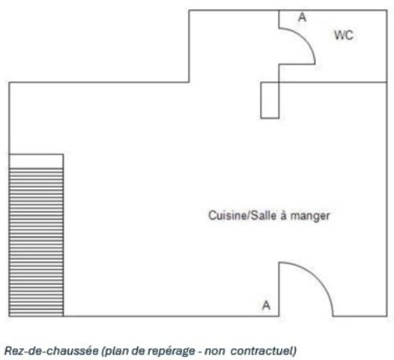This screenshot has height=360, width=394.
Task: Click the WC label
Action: (343, 36)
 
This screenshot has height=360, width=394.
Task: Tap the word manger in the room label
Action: (313, 215)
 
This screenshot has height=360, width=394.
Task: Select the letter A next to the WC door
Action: (302, 16)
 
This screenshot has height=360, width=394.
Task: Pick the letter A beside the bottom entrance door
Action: (265, 305)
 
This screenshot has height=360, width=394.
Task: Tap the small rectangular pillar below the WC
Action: (270, 100)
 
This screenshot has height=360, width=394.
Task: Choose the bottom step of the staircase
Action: (36, 313)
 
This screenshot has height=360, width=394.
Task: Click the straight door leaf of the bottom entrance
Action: (279, 289)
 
